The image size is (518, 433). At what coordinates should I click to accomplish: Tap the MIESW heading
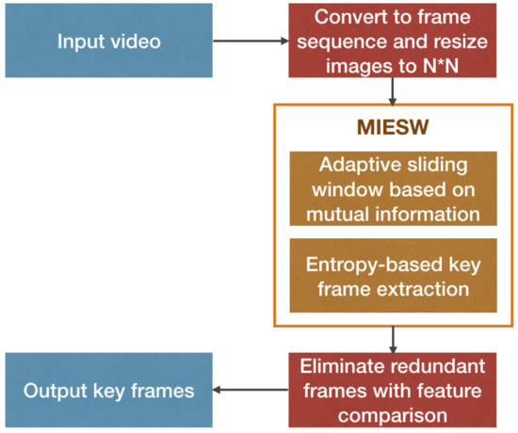pyautogui.click(x=393, y=125)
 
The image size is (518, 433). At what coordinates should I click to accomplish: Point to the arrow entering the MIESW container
pyautogui.click(x=393, y=92)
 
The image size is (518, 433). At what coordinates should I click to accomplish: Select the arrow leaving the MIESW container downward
pyautogui.click(x=393, y=339)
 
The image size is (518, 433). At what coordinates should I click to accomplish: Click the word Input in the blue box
pyautogui.click(x=79, y=41)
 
